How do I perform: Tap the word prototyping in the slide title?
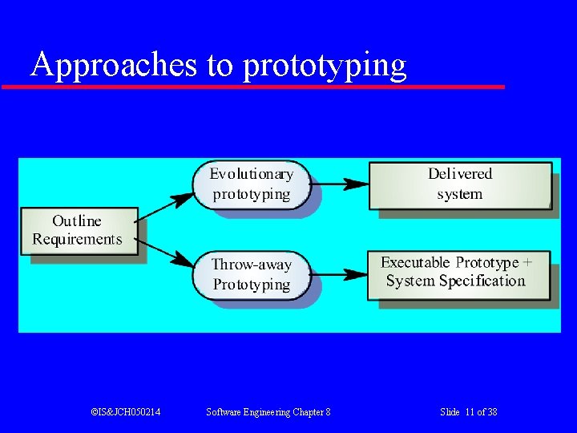click(325, 66)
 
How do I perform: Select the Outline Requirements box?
click(78, 230)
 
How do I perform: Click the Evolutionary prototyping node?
click(251, 184)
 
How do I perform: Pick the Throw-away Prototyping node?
click(251, 274)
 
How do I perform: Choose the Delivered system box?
click(460, 184)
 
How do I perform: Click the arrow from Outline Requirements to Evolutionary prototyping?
click(166, 208)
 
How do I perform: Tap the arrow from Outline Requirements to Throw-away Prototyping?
click(166, 251)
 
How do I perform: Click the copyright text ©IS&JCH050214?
click(125, 411)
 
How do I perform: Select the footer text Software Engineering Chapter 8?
click(268, 411)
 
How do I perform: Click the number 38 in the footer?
click(491, 411)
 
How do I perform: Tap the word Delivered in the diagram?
click(460, 174)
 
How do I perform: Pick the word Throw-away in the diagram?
click(251, 265)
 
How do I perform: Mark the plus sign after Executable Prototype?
click(527, 262)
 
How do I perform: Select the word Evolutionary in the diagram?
click(251, 174)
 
